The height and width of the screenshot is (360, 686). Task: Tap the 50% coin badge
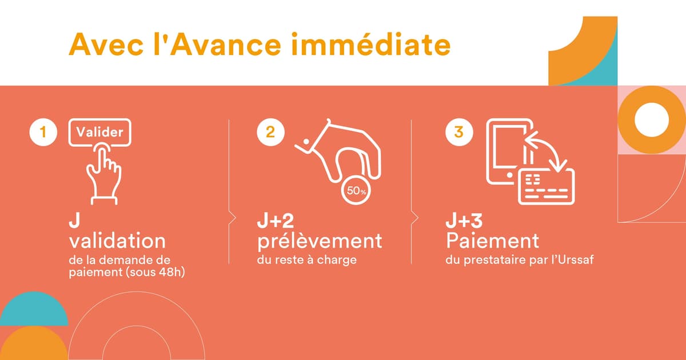point(356,191)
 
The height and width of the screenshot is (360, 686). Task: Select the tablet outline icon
point(506,151)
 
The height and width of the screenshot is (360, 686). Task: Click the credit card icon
point(546,186)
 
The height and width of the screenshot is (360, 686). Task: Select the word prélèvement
point(319,241)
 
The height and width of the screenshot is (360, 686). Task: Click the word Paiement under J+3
point(492,240)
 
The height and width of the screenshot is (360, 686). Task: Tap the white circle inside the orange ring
point(652,120)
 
